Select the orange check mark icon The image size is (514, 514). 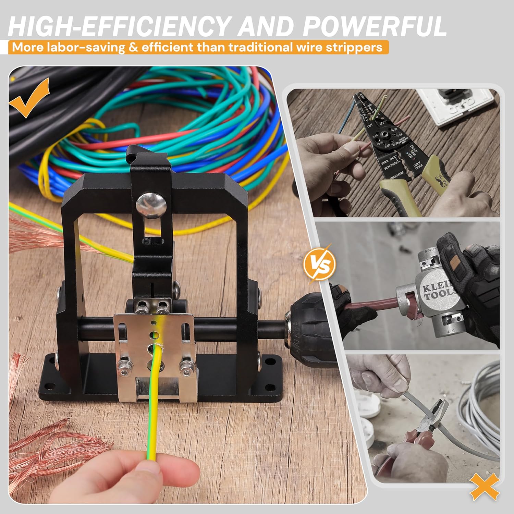[29, 98]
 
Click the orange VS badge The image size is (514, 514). [319, 264]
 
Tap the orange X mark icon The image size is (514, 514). [484, 487]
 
